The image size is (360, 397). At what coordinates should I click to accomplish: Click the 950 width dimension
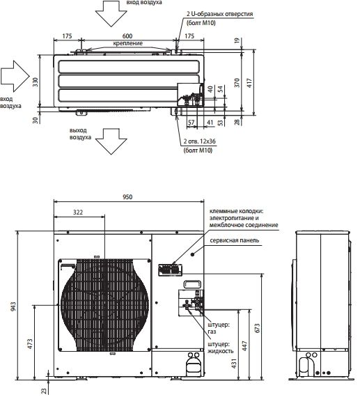point(127,196)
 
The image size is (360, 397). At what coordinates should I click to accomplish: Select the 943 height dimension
point(13,306)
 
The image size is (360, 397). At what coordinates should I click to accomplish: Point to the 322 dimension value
point(78,212)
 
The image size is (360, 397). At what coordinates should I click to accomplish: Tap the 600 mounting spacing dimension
point(127,36)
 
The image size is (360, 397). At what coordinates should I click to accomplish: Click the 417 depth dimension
point(249,83)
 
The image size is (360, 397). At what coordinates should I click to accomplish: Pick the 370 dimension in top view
point(237,83)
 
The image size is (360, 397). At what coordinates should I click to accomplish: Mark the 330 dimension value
point(36,82)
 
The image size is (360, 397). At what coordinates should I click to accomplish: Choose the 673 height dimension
point(258,328)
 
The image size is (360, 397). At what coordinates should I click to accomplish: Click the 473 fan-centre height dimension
point(30,344)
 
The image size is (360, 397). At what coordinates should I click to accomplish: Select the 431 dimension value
point(234,364)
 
